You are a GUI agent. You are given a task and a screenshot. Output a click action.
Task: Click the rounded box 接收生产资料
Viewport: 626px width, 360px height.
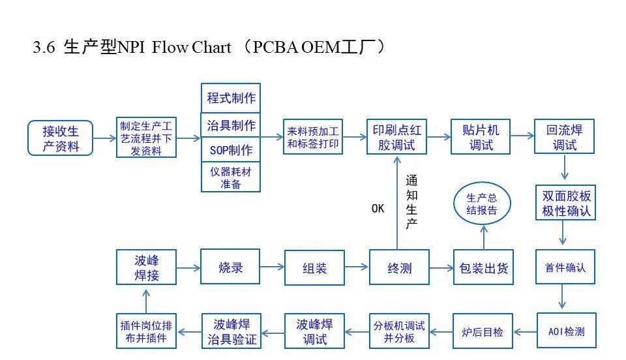(x=61, y=138)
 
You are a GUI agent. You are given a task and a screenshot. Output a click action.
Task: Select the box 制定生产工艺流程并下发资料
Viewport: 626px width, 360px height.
(x=147, y=138)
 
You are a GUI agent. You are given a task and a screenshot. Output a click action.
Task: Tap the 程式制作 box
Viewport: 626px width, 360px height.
(x=231, y=98)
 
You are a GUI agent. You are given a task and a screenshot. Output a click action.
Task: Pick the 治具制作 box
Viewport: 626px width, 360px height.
(x=231, y=124)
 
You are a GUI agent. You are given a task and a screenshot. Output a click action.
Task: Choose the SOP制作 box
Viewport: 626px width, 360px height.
(x=231, y=150)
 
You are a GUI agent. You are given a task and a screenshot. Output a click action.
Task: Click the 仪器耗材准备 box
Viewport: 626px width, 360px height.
(x=231, y=177)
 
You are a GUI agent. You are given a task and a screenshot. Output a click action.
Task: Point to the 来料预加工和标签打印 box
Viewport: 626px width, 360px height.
(x=313, y=137)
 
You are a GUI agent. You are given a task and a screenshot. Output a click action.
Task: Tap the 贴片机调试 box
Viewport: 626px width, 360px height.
(x=481, y=137)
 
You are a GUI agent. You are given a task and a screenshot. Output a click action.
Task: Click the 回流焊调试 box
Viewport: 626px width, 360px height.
(x=564, y=137)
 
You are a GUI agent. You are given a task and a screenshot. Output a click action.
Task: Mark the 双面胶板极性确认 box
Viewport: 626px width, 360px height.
(x=566, y=203)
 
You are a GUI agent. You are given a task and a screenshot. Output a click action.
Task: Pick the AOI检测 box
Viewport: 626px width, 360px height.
(x=566, y=331)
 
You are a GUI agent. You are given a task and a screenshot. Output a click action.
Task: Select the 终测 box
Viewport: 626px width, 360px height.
(x=398, y=267)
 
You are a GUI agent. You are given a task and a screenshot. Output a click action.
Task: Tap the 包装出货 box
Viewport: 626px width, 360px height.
(x=483, y=267)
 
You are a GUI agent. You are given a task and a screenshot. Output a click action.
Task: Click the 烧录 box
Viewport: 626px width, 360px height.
(x=230, y=267)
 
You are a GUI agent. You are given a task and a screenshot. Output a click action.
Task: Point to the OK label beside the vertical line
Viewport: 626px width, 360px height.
(x=378, y=209)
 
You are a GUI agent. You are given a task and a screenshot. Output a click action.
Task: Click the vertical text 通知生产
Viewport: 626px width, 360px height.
(x=411, y=202)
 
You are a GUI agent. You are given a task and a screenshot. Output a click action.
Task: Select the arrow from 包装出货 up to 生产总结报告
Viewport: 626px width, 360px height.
(x=483, y=236)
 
